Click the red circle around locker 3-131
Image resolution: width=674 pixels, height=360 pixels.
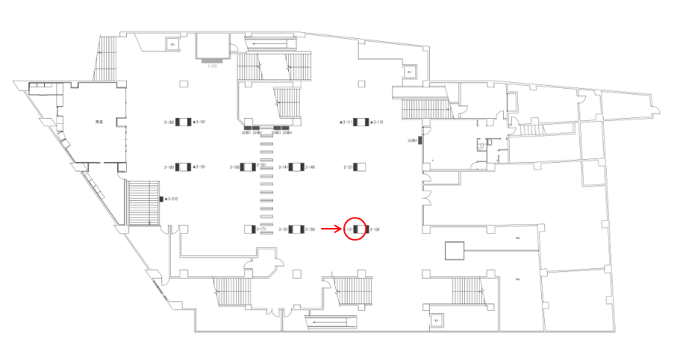[x=355, y=229]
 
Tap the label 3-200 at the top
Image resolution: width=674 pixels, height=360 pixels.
[x=213, y=66]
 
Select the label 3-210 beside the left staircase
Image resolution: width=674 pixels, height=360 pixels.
[x=172, y=199]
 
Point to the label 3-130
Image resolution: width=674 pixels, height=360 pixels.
[x=374, y=229]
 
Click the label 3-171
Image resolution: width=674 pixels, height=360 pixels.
[x=260, y=229]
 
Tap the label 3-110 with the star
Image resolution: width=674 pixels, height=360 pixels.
[x=376, y=122]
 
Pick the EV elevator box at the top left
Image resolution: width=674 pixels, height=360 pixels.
[x=173, y=45]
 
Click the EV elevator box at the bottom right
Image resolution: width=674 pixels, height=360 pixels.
[x=436, y=320]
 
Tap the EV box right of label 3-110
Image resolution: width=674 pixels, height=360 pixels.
[x=409, y=73]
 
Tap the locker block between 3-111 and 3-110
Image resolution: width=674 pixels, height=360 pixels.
[x=361, y=122]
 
